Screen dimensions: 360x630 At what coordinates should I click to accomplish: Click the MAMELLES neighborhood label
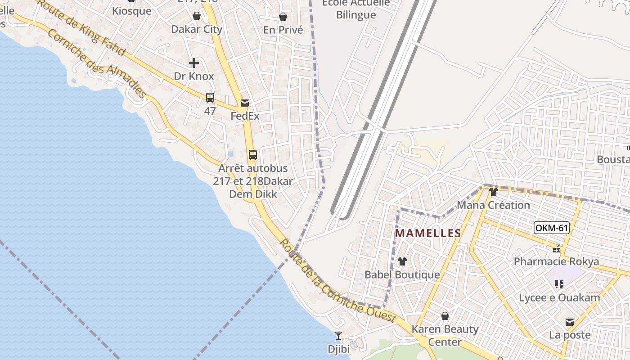click(428, 233)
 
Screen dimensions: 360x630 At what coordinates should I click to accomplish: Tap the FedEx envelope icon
click(245, 103)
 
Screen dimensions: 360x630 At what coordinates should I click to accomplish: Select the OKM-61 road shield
click(552, 228)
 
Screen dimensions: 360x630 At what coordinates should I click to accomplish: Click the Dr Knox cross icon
click(194, 63)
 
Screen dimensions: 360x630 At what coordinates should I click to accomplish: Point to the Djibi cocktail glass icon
click(338, 336)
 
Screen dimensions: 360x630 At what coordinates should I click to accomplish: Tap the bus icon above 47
click(210, 98)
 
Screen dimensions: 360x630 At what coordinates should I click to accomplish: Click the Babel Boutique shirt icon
click(402, 261)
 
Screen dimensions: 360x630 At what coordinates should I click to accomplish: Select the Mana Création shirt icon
click(494, 192)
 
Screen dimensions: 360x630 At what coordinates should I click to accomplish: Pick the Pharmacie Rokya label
click(556, 261)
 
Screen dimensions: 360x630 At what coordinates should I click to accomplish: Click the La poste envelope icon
click(570, 322)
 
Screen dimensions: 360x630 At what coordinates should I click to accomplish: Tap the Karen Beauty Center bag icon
click(445, 316)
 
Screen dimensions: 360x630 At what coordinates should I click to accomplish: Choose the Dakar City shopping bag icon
click(197, 16)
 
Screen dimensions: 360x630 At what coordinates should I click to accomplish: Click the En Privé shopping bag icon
click(283, 17)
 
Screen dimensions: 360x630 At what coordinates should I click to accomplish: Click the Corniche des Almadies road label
click(96, 63)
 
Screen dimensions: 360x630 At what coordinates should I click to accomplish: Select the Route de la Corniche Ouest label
click(337, 281)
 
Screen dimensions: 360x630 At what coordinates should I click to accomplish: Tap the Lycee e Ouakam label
click(559, 297)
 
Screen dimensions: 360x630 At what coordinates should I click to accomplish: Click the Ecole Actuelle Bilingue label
click(356, 9)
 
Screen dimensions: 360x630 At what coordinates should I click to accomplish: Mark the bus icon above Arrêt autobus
click(253, 155)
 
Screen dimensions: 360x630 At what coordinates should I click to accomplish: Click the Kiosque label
click(132, 11)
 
